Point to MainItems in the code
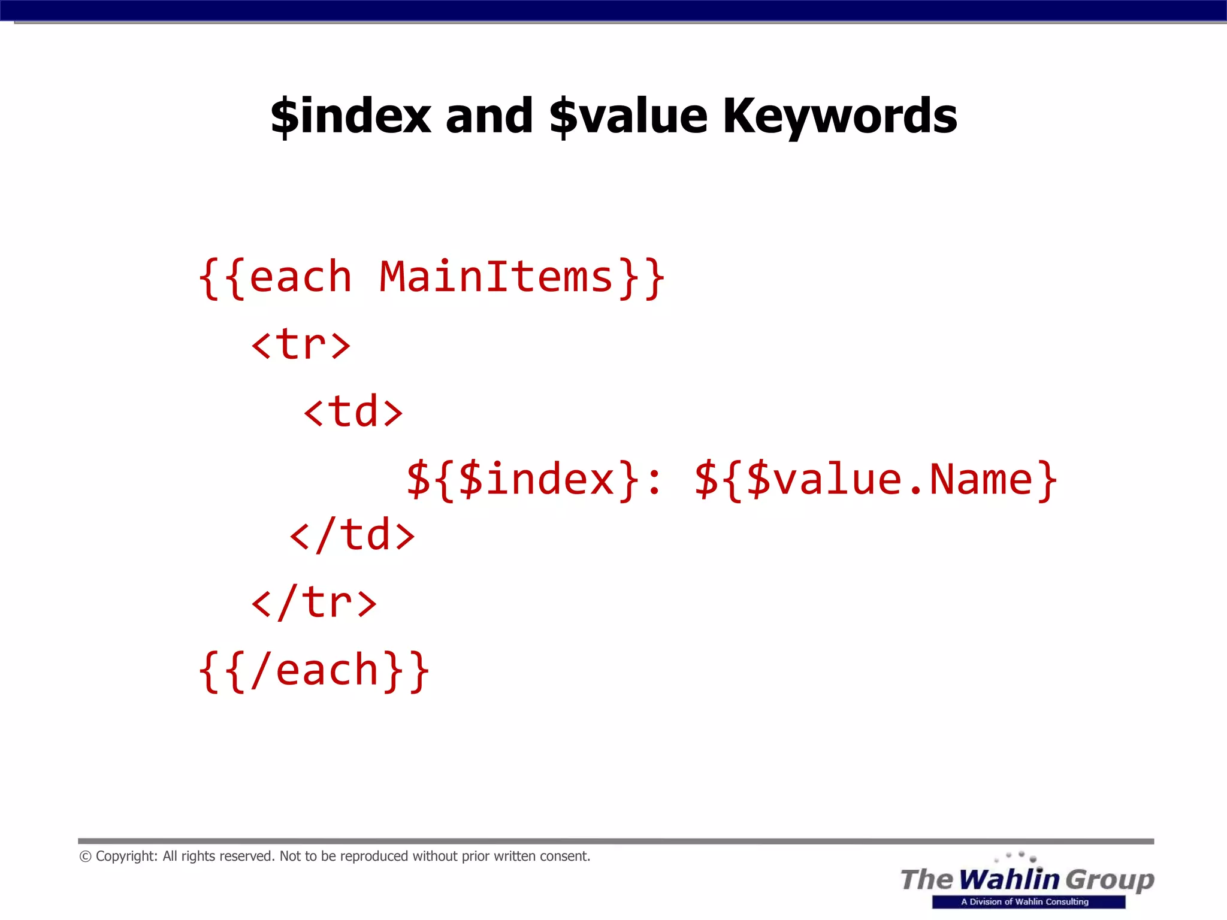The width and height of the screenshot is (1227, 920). click(x=496, y=277)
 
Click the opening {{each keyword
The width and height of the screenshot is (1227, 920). click(x=276, y=277)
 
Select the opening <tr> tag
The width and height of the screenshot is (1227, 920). click(x=301, y=345)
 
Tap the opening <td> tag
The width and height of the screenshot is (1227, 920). click(x=353, y=412)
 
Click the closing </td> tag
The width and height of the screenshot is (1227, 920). click(x=352, y=535)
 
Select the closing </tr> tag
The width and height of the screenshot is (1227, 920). click(x=314, y=603)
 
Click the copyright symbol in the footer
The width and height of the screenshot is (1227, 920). click(x=85, y=857)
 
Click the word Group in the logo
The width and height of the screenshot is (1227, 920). click(x=1110, y=879)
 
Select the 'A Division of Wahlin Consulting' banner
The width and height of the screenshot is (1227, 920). click(x=1028, y=902)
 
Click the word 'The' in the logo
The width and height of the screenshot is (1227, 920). click(x=926, y=879)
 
